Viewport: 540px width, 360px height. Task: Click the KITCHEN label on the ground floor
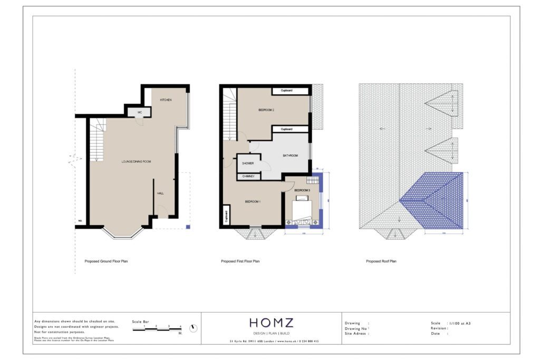[x=166, y=100]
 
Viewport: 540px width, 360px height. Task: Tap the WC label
[x=140, y=112]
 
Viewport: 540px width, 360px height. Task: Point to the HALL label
[x=160, y=193]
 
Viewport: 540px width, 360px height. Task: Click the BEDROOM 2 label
[x=267, y=110]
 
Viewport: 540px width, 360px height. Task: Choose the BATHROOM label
[x=290, y=155]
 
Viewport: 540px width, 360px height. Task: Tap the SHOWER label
[x=248, y=163]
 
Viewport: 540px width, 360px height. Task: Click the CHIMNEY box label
[x=249, y=176]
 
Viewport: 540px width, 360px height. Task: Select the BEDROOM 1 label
[x=253, y=201]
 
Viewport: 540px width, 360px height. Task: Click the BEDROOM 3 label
[x=302, y=190]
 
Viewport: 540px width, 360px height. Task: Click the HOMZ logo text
[x=271, y=323]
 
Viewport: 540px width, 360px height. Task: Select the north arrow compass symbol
[x=194, y=328]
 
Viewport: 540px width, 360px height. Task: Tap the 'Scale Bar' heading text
[x=140, y=321]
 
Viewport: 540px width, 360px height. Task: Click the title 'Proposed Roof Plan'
[x=381, y=261]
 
